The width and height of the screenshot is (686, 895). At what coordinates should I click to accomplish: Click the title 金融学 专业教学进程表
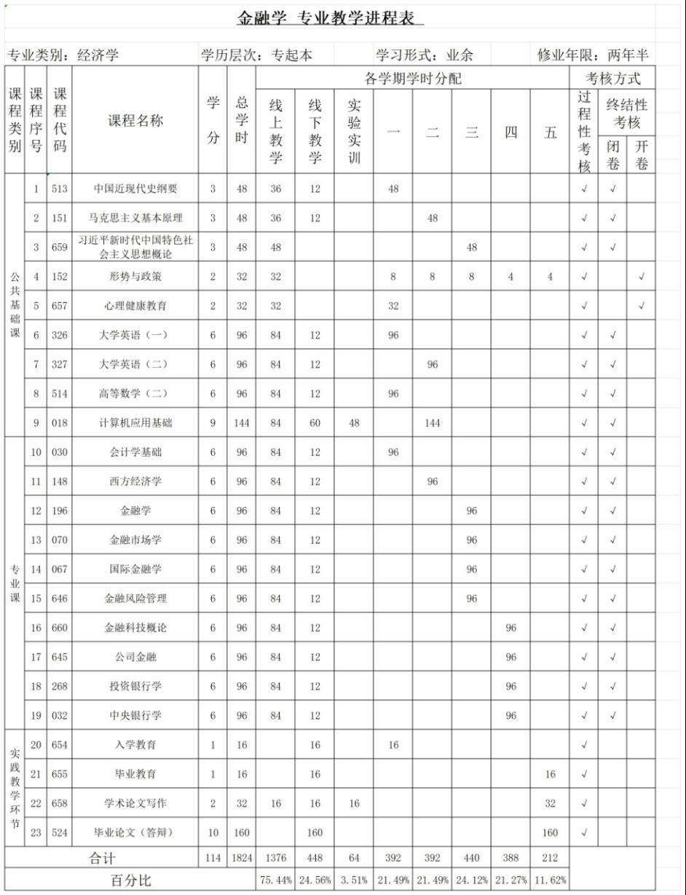(x=329, y=19)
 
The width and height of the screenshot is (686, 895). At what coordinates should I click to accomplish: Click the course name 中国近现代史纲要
(x=135, y=189)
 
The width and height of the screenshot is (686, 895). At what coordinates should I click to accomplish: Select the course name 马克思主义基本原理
(x=135, y=218)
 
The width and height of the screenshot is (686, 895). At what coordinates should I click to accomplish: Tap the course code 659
(x=60, y=247)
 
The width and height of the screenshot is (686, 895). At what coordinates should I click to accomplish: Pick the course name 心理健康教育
(x=135, y=306)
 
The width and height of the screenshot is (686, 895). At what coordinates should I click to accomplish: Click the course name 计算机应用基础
(x=135, y=422)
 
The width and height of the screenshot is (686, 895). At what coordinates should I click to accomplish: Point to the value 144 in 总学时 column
(x=242, y=422)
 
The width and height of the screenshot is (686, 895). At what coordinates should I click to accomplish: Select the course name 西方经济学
(x=135, y=481)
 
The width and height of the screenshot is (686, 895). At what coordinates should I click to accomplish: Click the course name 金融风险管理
(x=135, y=598)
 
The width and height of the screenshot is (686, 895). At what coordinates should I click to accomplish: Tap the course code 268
(x=60, y=686)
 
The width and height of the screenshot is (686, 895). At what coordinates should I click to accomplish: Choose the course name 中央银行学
(x=135, y=715)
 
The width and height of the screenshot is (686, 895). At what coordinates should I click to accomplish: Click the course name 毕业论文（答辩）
(x=135, y=832)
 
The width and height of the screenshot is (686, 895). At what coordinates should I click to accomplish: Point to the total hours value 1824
(x=242, y=858)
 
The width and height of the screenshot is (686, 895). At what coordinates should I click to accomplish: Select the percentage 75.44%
(x=275, y=880)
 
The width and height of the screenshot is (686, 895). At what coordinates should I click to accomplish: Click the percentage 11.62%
(x=550, y=880)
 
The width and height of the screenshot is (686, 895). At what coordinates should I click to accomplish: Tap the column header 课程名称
(x=135, y=121)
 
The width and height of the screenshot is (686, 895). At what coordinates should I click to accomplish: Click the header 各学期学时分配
(x=412, y=78)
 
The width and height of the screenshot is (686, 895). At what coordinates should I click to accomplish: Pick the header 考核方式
(x=612, y=78)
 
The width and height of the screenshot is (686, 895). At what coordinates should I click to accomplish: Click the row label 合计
(x=102, y=858)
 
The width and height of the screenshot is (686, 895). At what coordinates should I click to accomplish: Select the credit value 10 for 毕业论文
(x=213, y=832)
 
